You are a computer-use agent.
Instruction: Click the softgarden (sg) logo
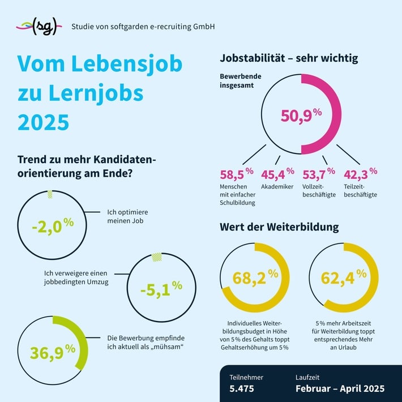tap(38, 26)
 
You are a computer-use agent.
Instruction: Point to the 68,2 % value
tap(255, 277)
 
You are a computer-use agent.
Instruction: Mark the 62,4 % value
tap(343, 277)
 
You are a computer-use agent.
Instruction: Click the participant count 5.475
tap(242, 389)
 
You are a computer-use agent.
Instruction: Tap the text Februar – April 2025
tap(340, 389)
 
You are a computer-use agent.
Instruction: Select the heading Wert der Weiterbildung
tap(279, 227)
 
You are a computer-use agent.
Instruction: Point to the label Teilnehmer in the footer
tap(246, 377)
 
